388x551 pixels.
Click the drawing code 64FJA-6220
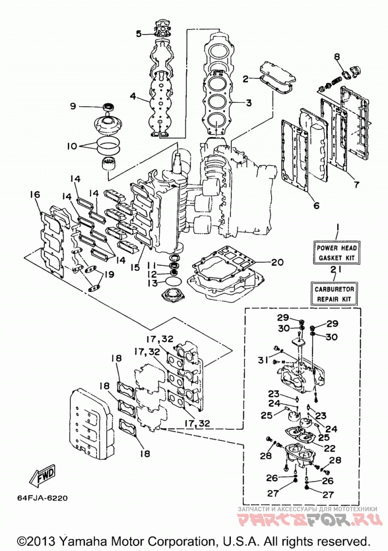(x=42, y=498)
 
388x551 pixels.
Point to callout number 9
(x=73, y=105)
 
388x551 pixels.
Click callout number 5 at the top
(x=139, y=34)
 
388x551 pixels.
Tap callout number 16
(x=35, y=194)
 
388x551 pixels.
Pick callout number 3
(x=249, y=103)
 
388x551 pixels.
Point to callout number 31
(x=263, y=360)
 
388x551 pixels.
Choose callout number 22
(x=329, y=448)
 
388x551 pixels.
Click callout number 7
(x=356, y=184)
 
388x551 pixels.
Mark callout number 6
(x=316, y=205)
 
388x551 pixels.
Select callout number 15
(x=135, y=268)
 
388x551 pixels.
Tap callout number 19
(x=109, y=274)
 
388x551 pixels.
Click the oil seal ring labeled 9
(x=108, y=107)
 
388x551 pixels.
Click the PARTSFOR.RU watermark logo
(x=309, y=519)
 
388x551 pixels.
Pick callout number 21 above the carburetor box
(x=335, y=270)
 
